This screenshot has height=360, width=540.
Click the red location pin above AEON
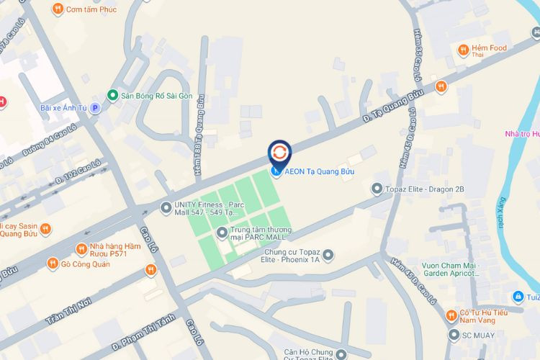[x=279, y=152]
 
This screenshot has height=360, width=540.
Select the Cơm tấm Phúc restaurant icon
[x=58, y=9]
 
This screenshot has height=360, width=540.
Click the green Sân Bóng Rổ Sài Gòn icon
[x=112, y=95]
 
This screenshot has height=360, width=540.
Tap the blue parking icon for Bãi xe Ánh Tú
[x=95, y=108]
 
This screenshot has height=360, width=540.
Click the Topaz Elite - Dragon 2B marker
[x=377, y=189]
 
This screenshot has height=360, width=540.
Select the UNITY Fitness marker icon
[x=165, y=208]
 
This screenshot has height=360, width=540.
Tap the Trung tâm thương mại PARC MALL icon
[x=222, y=232]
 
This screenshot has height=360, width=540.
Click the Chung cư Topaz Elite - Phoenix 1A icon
[x=328, y=254]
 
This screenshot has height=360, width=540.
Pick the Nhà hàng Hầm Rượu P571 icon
[x=81, y=248]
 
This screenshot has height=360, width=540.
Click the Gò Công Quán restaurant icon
[x=52, y=264]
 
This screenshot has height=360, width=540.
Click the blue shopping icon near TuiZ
[x=518, y=297]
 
